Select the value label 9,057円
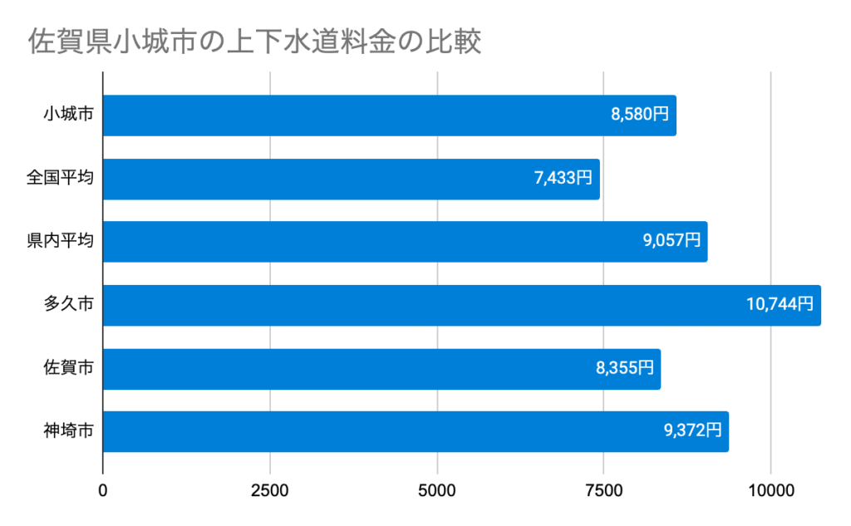coord(671,242)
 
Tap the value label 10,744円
coord(780,305)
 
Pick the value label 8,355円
coord(624,369)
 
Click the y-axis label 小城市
coord(68,116)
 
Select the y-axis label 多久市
coord(68,305)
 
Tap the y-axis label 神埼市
coord(68,432)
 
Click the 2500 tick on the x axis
coord(270,491)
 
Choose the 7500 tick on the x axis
coord(604,491)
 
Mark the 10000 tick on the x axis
coord(771,491)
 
